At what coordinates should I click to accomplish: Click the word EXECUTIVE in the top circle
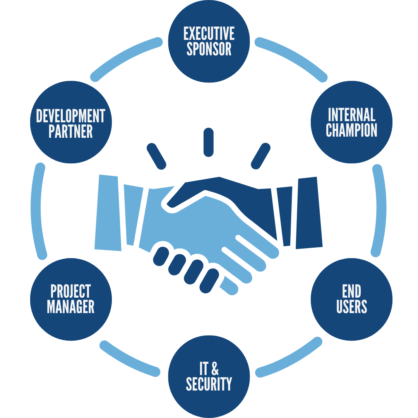click(209, 34)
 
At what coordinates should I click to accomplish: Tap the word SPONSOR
click(209, 50)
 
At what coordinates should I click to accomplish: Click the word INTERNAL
click(351, 115)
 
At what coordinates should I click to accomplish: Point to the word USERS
click(351, 307)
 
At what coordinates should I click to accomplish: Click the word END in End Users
click(351, 291)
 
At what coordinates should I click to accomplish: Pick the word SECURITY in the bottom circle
click(209, 384)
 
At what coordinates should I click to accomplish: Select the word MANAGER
click(71, 307)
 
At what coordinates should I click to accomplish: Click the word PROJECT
click(71, 291)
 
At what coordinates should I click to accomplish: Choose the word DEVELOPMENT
click(71, 116)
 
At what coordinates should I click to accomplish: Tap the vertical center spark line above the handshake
click(209, 142)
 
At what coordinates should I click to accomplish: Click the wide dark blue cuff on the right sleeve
click(309, 213)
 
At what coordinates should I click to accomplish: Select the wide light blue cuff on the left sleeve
click(108, 213)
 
